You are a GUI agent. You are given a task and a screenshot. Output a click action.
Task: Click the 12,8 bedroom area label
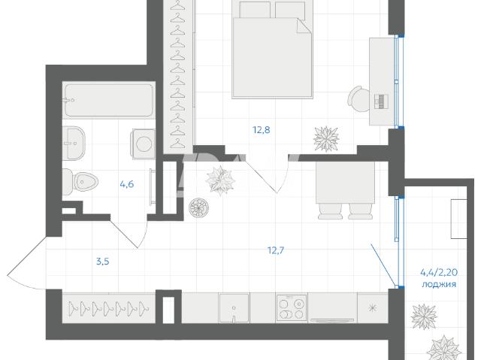coord(261,130)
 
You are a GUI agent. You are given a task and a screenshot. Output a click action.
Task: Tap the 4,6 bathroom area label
coord(127,184)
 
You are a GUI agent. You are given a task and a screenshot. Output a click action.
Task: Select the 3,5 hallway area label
coord(103,262)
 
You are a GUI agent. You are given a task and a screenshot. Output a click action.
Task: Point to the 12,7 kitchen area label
coord(276,251)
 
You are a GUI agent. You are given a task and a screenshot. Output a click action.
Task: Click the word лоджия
coord(439,285)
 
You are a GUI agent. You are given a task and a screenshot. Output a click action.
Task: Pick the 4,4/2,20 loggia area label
coord(439,272)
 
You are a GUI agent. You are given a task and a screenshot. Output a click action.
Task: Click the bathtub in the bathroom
coord(108,100)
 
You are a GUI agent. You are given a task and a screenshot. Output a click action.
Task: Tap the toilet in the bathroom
coord(80,182)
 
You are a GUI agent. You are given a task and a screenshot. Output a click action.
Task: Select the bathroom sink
coord(74,144)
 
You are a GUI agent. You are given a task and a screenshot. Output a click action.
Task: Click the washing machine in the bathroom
coord(144,144)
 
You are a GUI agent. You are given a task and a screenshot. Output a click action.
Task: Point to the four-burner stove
coord(292,308)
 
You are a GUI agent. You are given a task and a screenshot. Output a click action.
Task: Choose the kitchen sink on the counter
coord(234,308)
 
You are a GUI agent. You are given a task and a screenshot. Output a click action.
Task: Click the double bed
coord(272,50)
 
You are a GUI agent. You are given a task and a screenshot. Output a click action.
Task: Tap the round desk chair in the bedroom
coord(359,99)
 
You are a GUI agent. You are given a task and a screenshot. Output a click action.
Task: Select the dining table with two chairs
coord(346,190)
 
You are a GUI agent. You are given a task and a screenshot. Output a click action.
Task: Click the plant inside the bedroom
coord(326,138)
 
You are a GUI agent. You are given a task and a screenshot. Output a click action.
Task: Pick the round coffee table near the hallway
coord(198,207)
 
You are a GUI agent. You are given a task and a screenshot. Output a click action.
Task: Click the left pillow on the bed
coord(255,10)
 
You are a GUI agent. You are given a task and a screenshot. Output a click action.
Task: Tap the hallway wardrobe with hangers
coord(108,308)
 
